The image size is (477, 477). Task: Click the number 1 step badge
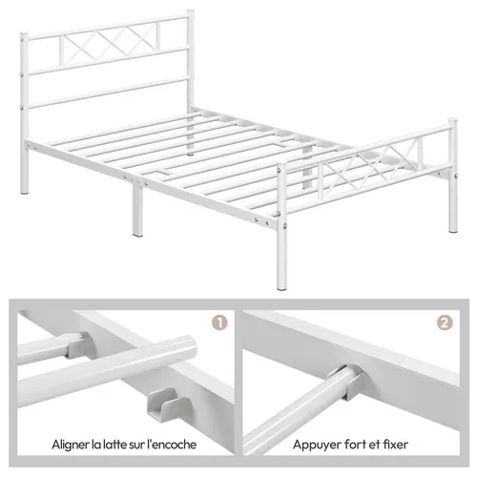point(219,322)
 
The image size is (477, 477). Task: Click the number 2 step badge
point(445,322)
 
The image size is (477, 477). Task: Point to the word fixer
point(394,445)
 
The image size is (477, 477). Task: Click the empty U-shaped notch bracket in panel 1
point(161,404)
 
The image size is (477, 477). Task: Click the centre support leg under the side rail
point(137,211)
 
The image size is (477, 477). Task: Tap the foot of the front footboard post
point(281,285)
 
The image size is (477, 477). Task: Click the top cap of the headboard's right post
point(190,12)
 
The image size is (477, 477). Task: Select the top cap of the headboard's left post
point(25,34)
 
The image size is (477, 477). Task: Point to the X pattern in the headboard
point(110,44)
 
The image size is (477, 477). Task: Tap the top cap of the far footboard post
point(453,121)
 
